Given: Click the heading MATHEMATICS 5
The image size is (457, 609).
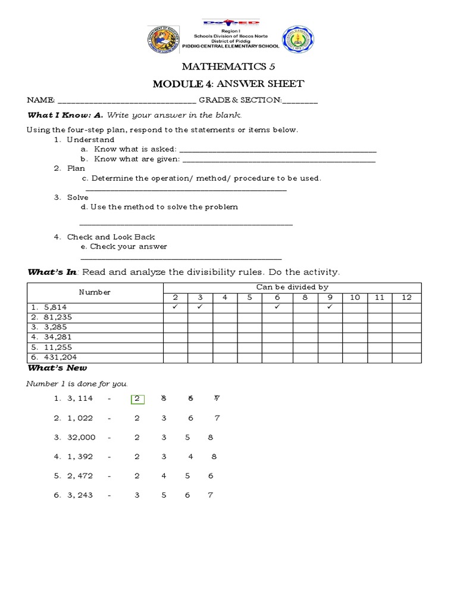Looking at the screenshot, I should point(228,67).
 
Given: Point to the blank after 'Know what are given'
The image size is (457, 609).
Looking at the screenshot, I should point(278,161).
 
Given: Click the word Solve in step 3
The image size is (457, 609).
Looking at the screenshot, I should point(78,197).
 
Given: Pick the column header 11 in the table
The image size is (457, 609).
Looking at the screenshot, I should point(380,297).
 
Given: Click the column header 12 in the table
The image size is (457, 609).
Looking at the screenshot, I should point(406,297).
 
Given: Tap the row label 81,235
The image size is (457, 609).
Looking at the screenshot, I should point(56,318).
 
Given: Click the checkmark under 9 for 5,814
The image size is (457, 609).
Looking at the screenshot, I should point(330,307).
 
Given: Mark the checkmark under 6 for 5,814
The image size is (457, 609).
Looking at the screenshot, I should point(277,307).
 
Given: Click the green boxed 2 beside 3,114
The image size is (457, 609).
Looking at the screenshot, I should point(137,398).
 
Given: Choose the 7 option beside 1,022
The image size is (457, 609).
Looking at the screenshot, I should point(217,418).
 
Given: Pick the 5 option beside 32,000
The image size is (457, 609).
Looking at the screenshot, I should point(187,437).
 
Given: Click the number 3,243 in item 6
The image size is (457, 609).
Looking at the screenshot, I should point(81,495).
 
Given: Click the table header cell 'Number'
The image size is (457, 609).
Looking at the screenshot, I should point(95,292).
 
